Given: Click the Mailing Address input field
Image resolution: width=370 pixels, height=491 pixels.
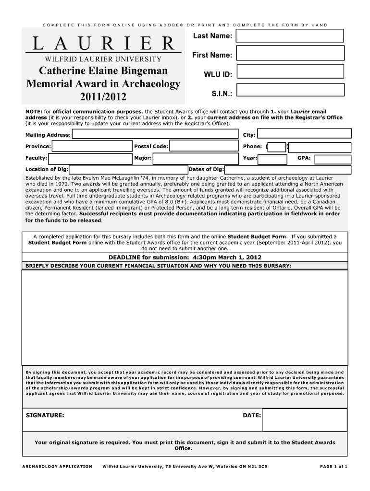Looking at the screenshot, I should pyautogui.click(x=155, y=135).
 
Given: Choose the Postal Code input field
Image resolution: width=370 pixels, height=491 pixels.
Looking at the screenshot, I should pyautogui.click(x=204, y=146).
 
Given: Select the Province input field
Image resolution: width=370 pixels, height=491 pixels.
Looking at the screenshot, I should pyautogui.click(x=91, y=146).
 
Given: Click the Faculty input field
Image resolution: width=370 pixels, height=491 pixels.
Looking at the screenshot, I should pyautogui.click(x=89, y=158).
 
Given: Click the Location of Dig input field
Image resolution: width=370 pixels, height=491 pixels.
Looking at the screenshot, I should pyautogui.click(x=128, y=169).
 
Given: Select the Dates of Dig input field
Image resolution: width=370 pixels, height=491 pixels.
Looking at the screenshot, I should pyautogui.click(x=286, y=169).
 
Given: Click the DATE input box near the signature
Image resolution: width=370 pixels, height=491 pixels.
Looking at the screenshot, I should pyautogui.click(x=304, y=420).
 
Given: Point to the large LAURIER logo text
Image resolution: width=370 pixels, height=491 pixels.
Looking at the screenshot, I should pyautogui.click(x=103, y=44).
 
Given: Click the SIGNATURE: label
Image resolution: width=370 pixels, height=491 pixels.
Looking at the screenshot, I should pyautogui.click(x=44, y=416).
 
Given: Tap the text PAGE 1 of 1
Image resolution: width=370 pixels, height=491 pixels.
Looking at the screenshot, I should pyautogui.click(x=333, y=466).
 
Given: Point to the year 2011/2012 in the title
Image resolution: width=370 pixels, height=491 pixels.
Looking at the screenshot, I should pyautogui.click(x=103, y=97).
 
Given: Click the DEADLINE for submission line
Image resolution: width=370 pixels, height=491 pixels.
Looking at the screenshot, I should pyautogui.click(x=185, y=257).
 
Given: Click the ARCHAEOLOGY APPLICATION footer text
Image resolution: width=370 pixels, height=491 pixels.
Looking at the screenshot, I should pyautogui.click(x=57, y=466).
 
